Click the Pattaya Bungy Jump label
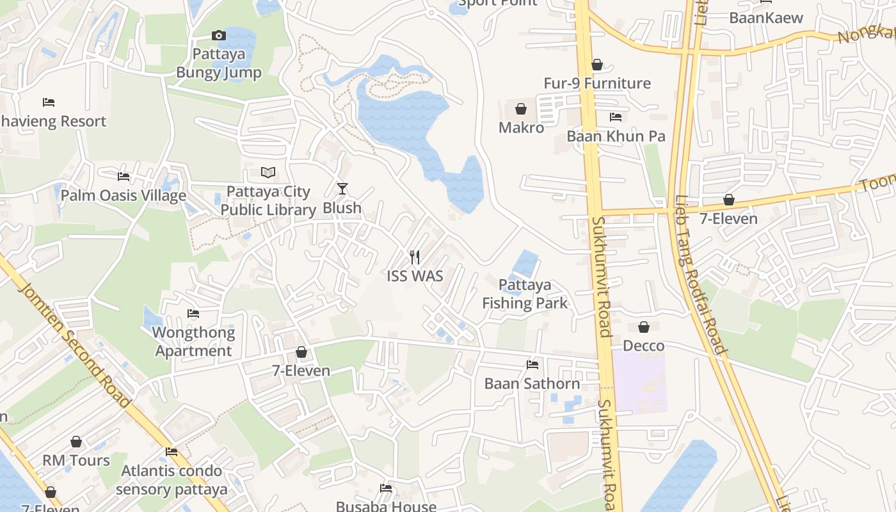click(x=219, y=63)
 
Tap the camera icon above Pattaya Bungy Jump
click(x=218, y=36)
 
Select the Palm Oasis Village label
click(x=123, y=195)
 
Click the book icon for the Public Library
click(x=268, y=173)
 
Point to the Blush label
click(x=342, y=208)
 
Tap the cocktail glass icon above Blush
click(x=342, y=189)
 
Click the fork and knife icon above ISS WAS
click(x=415, y=257)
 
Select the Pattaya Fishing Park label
click(x=525, y=294)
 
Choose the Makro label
click(x=521, y=127)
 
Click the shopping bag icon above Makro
click(x=521, y=109)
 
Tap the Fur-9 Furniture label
click(x=596, y=83)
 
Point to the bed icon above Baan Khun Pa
click(x=616, y=117)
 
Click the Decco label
click(x=643, y=346)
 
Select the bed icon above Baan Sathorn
click(x=532, y=365)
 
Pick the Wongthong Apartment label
click(x=193, y=342)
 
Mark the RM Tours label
click(x=76, y=460)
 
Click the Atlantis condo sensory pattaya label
click(x=172, y=480)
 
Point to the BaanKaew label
click(x=765, y=17)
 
